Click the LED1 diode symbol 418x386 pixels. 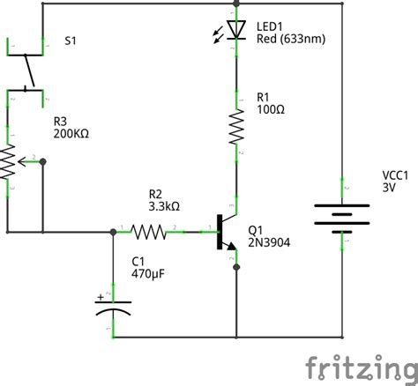(235, 29)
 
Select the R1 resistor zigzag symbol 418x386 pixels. (236, 126)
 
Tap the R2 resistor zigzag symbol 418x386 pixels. (149, 233)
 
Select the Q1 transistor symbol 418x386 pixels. (226, 234)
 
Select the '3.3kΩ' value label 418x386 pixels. (164, 206)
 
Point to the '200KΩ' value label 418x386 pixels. (71, 135)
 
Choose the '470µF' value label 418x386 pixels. (149, 275)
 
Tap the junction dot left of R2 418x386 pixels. (113, 233)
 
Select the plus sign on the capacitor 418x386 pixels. (101, 296)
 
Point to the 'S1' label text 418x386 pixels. (71, 41)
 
